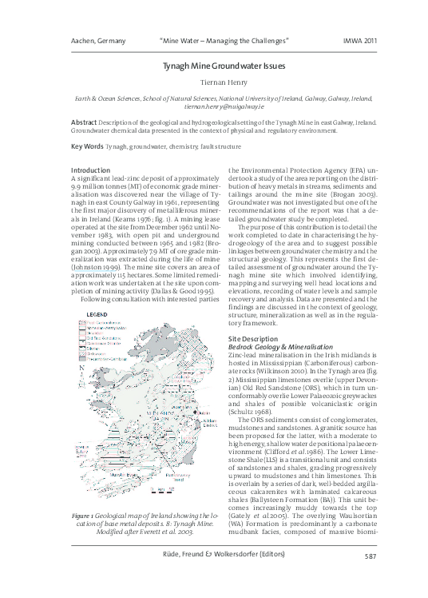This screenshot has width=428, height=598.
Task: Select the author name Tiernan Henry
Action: point(213,86)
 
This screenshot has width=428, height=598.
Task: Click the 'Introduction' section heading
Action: point(90,170)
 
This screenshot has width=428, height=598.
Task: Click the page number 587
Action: point(369,578)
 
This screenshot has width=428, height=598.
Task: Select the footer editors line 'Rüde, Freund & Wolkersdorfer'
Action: point(213,578)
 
